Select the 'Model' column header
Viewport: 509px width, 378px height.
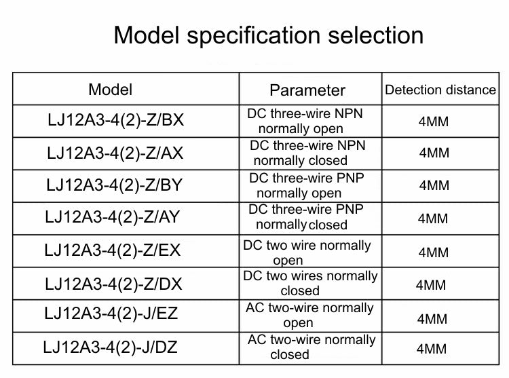point(111,90)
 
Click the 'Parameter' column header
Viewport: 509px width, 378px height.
point(307,90)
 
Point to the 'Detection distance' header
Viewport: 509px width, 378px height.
point(440,90)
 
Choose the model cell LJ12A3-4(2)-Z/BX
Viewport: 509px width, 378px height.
point(115,119)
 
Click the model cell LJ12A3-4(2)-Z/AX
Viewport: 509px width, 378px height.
point(115,153)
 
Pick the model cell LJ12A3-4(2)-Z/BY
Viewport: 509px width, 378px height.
point(114,185)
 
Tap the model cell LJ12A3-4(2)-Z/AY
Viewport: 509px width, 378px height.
point(112,216)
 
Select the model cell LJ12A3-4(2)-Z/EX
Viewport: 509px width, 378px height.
point(112,250)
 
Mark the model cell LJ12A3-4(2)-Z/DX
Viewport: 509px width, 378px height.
point(113,284)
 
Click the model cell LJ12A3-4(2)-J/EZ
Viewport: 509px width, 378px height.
point(111,314)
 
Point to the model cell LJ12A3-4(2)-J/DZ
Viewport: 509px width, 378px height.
point(110,347)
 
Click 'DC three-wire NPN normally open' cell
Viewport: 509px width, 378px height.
point(305,121)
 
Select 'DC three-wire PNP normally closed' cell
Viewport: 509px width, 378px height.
point(306,217)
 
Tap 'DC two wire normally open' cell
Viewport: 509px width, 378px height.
point(307,252)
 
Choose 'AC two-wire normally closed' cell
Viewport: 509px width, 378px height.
point(312,347)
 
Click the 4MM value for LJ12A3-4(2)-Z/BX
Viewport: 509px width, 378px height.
point(434,121)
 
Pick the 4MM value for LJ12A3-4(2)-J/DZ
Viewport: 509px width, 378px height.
point(432,349)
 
